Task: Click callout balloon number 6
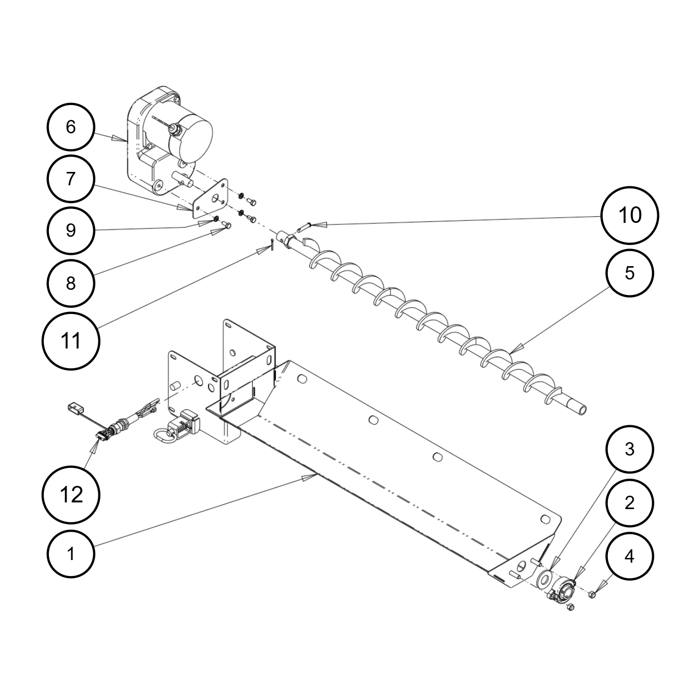(x=71, y=127)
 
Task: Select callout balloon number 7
(x=71, y=179)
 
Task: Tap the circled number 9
(x=71, y=231)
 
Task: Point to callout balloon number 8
(x=71, y=283)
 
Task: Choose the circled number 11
(x=71, y=341)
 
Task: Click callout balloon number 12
(x=71, y=495)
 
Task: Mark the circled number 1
(x=71, y=553)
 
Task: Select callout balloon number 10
(x=630, y=215)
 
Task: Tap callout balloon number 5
(x=630, y=273)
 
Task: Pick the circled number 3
(x=630, y=449)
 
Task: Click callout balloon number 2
(x=630, y=503)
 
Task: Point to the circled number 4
(x=630, y=556)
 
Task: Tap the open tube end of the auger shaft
(x=583, y=410)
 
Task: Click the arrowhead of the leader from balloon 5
(x=516, y=348)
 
